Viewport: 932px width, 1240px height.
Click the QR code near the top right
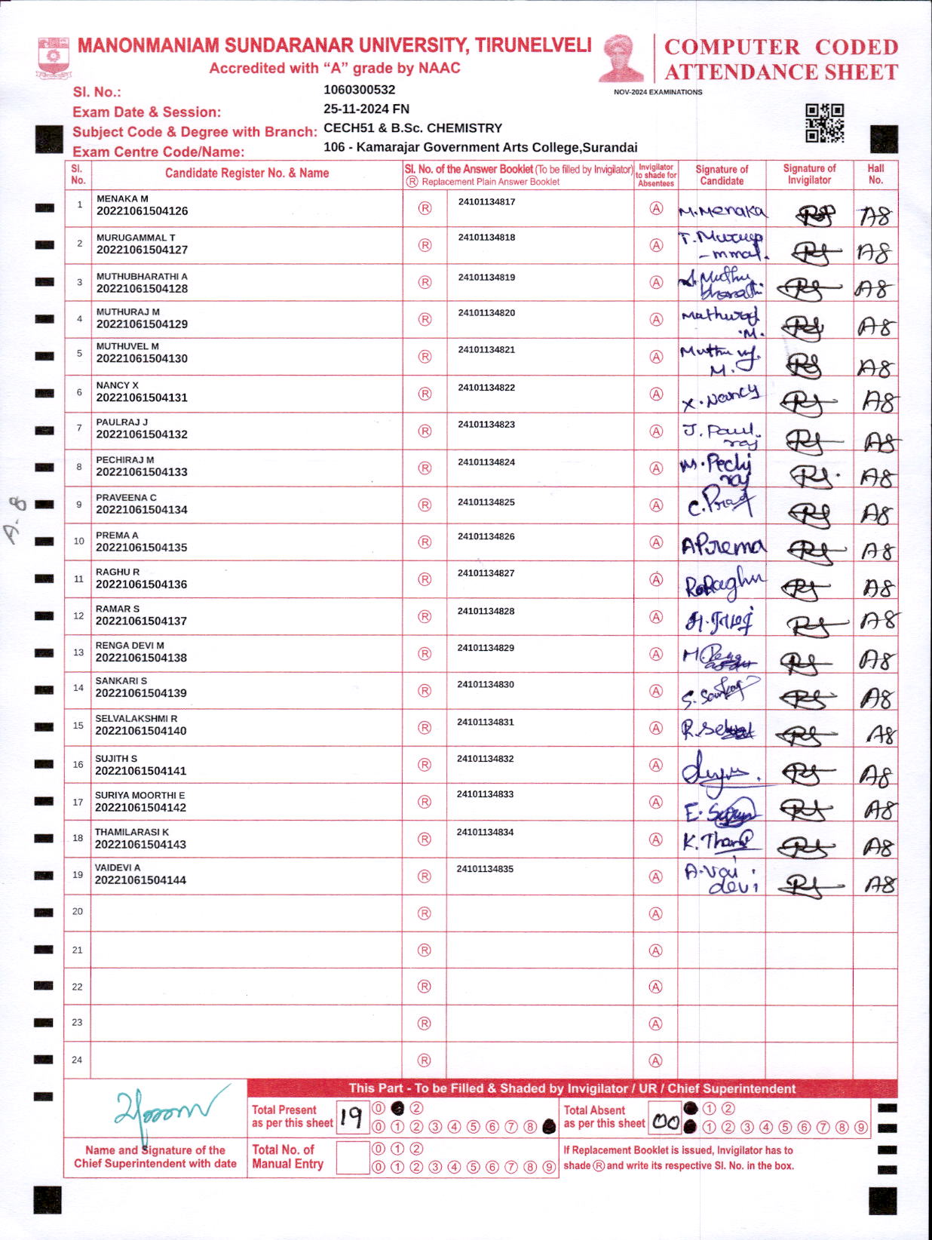click(824, 123)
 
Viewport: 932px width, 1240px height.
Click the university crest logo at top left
click(53, 57)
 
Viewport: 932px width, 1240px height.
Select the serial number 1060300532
click(359, 90)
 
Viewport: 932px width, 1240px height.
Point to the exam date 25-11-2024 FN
click(366, 109)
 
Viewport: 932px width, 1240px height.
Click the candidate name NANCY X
click(117, 385)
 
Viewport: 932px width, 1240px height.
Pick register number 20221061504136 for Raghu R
click(141, 585)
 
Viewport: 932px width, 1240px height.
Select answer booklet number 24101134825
click(486, 502)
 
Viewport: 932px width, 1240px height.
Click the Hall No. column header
click(875, 174)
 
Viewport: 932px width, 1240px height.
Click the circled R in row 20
click(425, 913)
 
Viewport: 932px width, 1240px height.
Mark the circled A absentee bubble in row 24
click(656, 1060)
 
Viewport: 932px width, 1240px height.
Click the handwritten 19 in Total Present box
click(351, 1117)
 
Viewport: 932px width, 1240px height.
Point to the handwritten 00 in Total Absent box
click(666, 1122)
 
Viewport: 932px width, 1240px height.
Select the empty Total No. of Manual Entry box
click(352, 1158)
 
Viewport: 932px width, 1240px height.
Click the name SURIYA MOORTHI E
click(139, 795)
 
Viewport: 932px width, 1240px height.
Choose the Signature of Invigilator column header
click(809, 174)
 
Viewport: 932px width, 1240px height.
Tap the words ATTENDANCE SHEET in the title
click(781, 72)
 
